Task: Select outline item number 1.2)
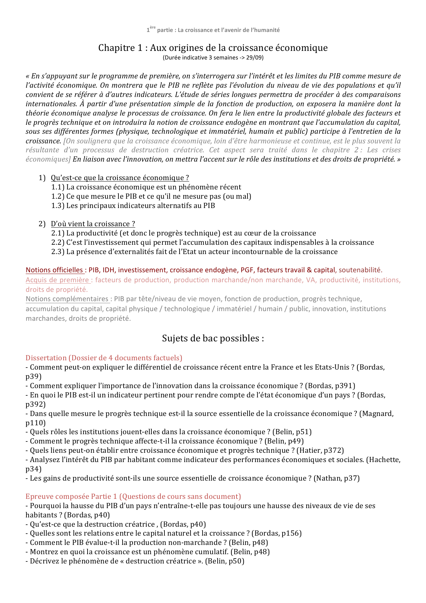[x=58, y=196]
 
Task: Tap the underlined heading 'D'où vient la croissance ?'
[x=93, y=224]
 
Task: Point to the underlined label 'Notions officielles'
[x=55, y=270]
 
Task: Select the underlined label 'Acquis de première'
[x=57, y=280]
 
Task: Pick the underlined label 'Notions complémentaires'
[x=67, y=299]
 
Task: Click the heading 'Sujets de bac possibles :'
[x=213, y=338]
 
